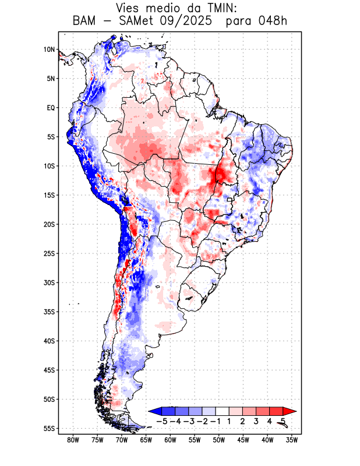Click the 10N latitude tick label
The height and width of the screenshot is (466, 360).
point(49,50)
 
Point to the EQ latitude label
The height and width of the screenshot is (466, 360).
point(51,108)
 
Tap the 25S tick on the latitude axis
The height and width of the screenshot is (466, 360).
point(49,253)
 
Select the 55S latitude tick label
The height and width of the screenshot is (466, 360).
point(49,428)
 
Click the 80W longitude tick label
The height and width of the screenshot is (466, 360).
point(73,440)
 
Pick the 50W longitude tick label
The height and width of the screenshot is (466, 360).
point(218,440)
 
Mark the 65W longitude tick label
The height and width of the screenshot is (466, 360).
point(146,440)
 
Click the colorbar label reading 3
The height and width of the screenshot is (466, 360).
point(256,421)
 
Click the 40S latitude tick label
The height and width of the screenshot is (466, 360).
point(49,341)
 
